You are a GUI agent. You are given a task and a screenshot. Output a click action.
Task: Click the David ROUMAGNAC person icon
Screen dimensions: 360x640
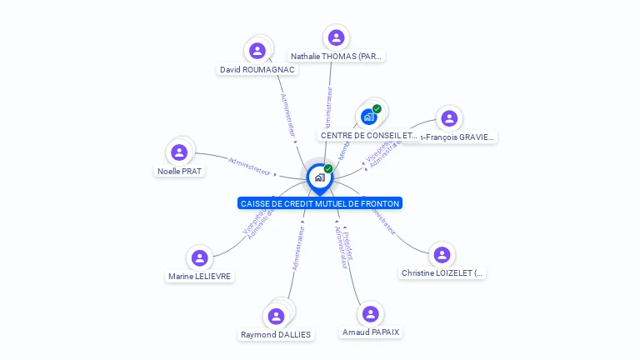coord(257,50)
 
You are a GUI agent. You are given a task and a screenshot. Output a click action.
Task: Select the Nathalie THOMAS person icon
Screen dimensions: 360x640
coord(336,37)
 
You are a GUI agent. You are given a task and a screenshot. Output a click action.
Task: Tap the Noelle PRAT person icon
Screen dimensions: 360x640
coord(178,152)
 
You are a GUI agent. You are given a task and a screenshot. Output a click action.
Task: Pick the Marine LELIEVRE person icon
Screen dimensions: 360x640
coord(199,257)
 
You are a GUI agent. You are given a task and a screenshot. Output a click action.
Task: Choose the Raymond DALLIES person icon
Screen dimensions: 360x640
coord(276,317)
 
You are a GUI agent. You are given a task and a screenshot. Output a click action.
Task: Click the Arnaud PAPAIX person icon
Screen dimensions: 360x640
coord(371,313)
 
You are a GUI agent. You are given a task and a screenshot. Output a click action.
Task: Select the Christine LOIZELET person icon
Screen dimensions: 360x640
coord(442,255)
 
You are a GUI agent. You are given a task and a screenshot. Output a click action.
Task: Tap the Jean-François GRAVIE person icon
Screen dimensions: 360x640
coord(449,118)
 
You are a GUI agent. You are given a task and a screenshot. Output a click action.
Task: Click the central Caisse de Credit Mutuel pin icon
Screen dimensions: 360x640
coord(319,177)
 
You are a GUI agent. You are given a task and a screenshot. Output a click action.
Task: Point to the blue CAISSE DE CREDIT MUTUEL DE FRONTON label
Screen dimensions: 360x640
coord(319,203)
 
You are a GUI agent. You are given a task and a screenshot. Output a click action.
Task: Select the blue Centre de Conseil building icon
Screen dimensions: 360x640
coord(369,117)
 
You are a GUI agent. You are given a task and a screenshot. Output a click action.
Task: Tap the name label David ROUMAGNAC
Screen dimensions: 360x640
coord(257,70)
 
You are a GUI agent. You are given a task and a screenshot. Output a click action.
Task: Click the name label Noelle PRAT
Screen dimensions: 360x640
coord(179,172)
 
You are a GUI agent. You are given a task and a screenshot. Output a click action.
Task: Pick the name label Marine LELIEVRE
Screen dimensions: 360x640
coord(200,277)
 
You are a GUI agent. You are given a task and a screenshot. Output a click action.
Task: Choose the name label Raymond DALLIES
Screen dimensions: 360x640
coord(276,335)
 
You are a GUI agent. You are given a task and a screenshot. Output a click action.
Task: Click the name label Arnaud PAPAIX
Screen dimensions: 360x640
coord(371,332)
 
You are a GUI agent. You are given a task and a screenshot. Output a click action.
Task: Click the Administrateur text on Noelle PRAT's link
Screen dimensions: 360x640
coord(250,165)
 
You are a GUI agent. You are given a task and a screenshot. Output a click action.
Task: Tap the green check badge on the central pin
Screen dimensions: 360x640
coord(328,168)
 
